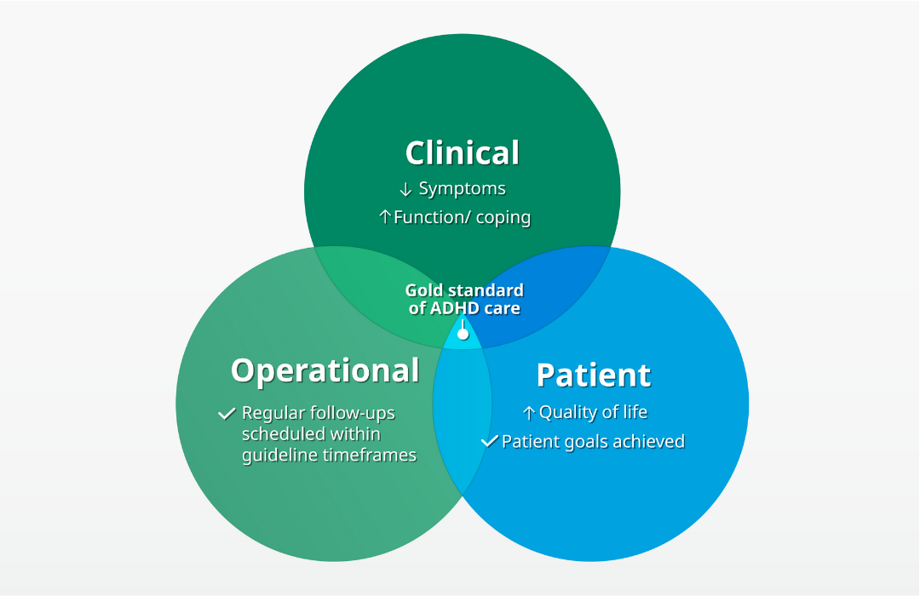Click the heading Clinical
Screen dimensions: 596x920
coord(462,153)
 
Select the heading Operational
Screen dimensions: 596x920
coord(325,370)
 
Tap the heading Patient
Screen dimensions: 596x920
coord(593,375)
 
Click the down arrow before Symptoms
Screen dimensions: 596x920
coord(405,189)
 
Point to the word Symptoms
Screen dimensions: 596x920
coord(462,189)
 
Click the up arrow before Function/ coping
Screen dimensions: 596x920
coord(384,218)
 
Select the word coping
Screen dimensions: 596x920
coord(503,218)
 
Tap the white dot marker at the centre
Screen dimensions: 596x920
coord(463,334)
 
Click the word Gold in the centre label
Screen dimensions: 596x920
coord(424,290)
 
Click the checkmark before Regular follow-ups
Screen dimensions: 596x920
coord(227,414)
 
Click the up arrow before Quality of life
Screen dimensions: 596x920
coord(529,413)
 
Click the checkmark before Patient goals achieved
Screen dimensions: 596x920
coord(489,441)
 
